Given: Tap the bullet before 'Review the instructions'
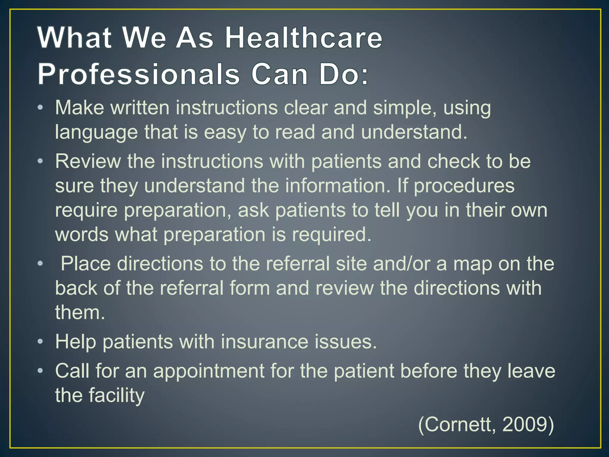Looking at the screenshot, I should [x=40, y=161].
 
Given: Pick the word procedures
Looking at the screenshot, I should [x=464, y=186].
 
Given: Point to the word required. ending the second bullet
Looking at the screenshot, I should [x=332, y=234].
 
